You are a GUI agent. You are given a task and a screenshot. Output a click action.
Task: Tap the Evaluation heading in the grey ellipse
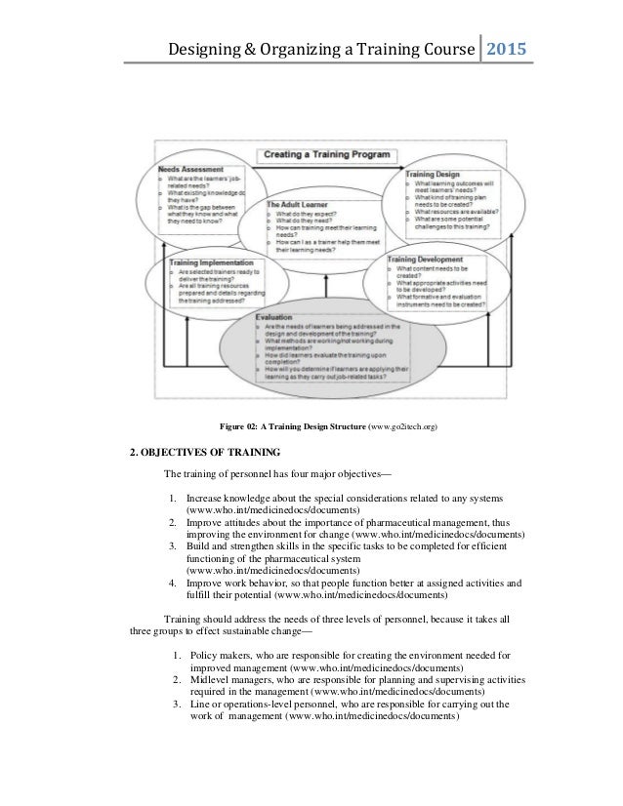[277, 317]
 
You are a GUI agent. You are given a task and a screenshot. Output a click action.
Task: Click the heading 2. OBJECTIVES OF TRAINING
[205, 452]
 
